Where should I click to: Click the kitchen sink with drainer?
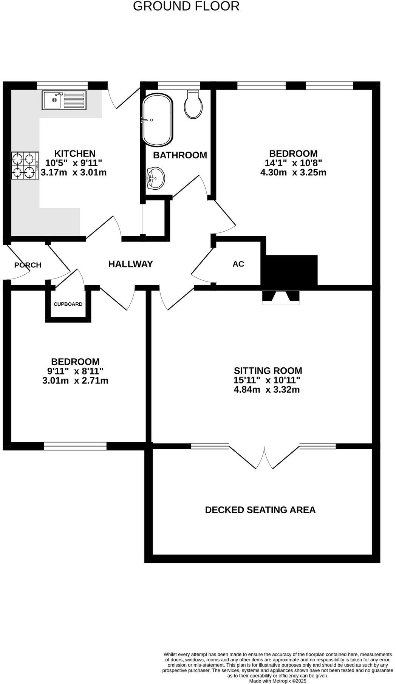64,100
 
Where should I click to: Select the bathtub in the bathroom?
157,120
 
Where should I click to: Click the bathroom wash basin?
156,178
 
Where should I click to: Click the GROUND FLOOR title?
186,6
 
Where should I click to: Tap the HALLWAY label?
130,264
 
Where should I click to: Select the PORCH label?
28,265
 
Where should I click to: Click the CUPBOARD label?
68,304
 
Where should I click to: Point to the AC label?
238,264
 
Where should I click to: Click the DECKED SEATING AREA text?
260,510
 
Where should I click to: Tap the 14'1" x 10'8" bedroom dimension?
293,163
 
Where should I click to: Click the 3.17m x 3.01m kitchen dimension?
73,173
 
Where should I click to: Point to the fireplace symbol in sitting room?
281,297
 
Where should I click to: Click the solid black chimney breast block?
291,270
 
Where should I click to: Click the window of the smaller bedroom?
75,446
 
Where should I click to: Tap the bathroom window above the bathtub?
178,85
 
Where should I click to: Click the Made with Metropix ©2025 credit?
277,681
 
